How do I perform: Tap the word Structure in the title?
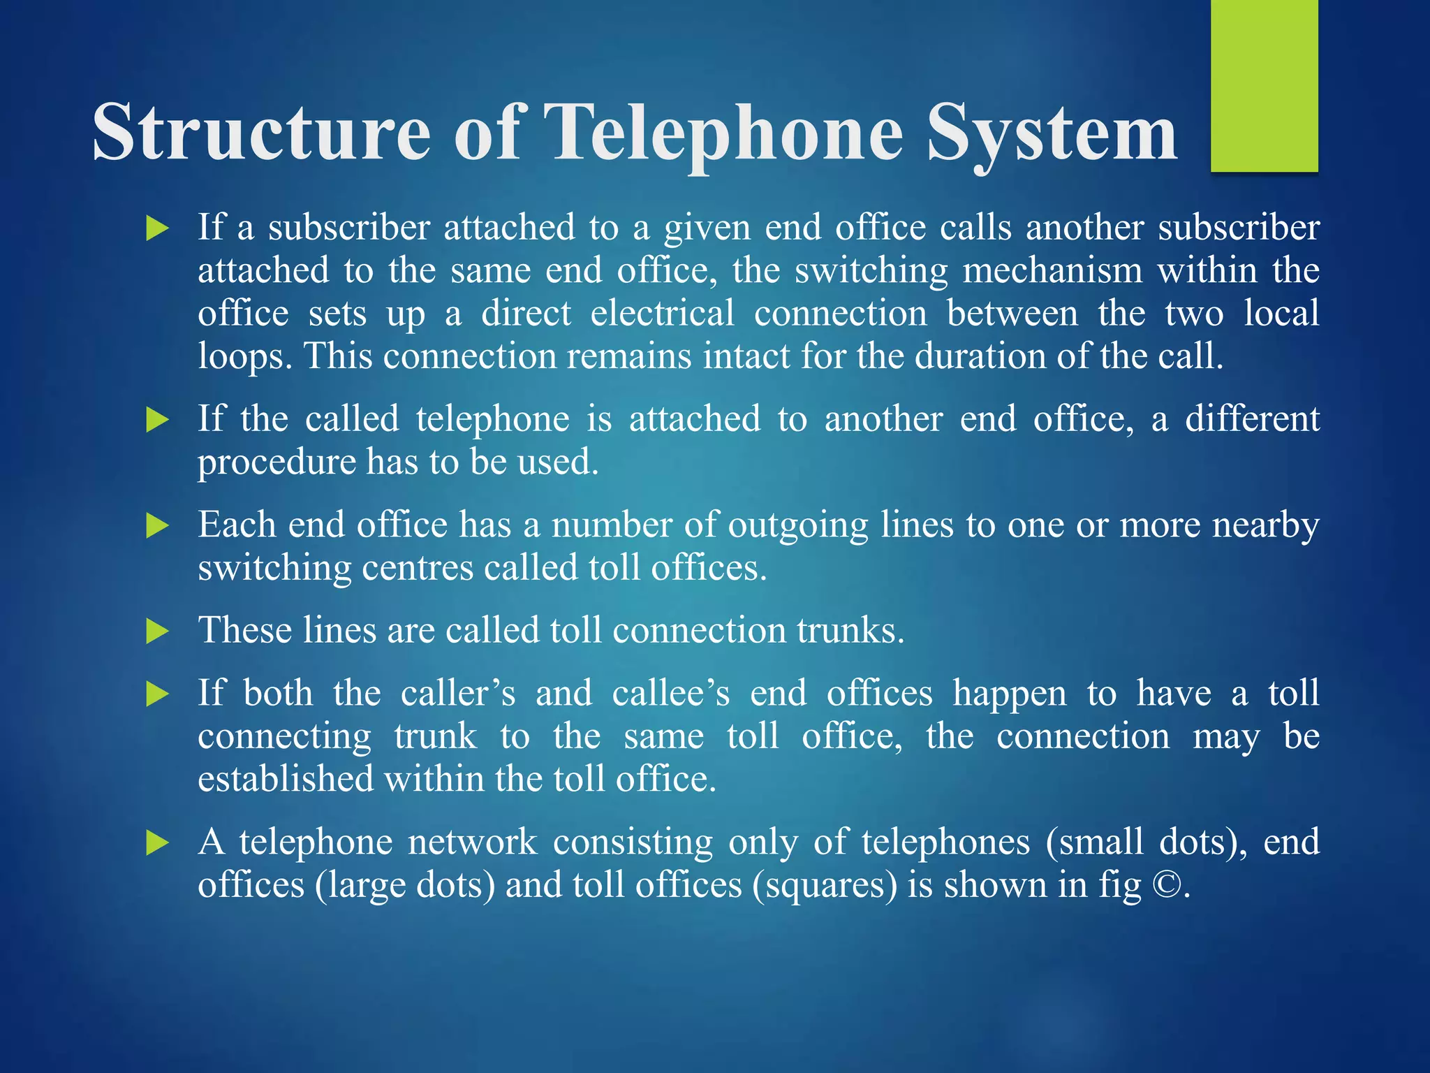coord(262,133)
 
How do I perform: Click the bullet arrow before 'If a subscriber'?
coord(158,228)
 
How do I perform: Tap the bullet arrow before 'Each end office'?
coord(158,526)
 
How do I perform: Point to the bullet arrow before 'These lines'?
coord(158,632)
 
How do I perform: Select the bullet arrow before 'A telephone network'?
coord(158,843)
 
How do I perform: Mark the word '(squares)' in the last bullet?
coord(824,885)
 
